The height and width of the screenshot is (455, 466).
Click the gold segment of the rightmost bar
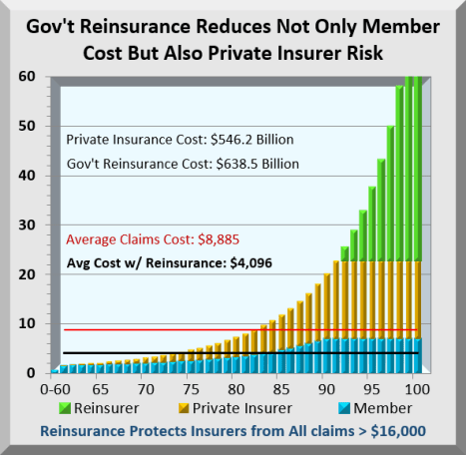pyautogui.click(x=417, y=299)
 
